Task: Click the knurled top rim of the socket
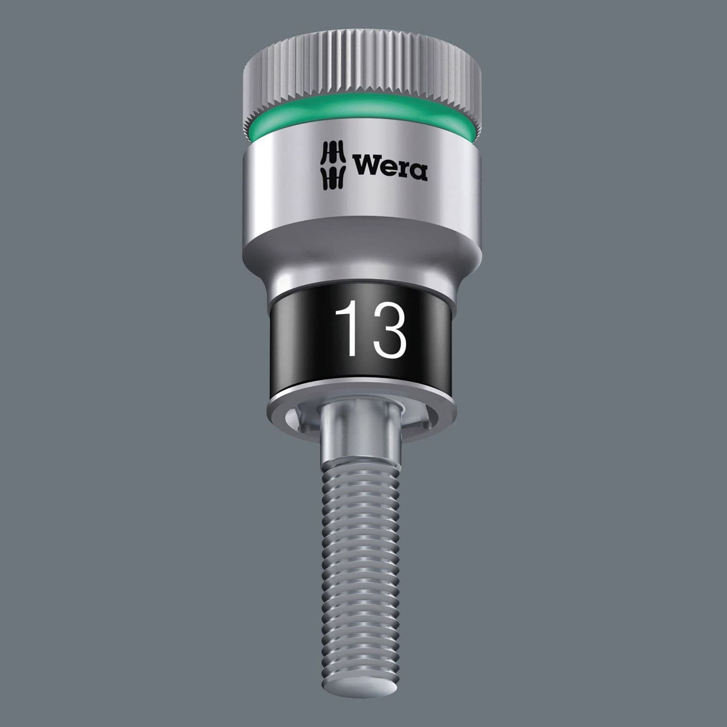(x=361, y=72)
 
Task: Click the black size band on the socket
(x=301, y=331)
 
